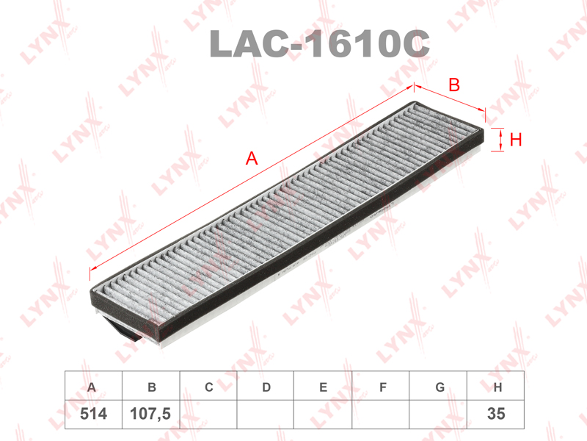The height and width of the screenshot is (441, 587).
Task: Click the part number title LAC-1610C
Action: tap(319, 43)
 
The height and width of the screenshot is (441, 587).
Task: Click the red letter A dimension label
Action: tap(252, 158)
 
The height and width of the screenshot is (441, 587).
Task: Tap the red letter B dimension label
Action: tap(454, 85)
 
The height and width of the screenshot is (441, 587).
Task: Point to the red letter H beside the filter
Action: tap(516, 140)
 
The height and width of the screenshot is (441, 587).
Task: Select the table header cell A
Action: tap(94, 386)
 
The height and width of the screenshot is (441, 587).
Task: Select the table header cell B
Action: tap(151, 386)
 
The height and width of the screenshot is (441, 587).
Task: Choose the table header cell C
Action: tap(208, 386)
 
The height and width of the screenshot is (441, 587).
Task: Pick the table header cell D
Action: tap(266, 386)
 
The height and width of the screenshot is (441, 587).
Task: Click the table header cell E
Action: tap(323, 386)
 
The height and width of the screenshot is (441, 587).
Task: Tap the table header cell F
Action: tap(381, 386)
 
